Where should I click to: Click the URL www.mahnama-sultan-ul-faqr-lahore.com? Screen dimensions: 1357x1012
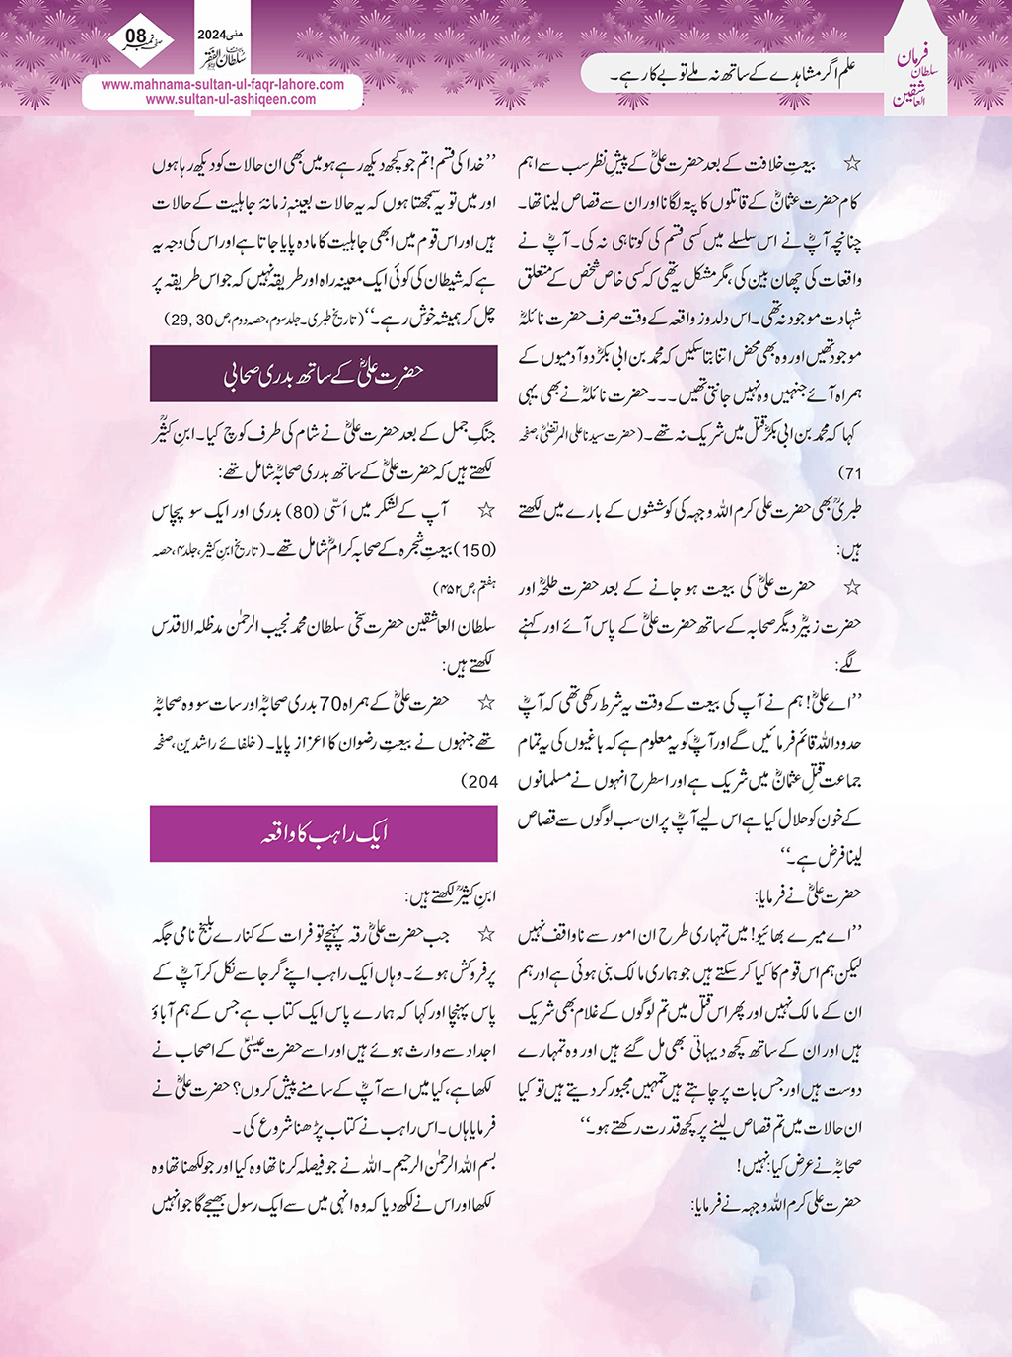click(223, 84)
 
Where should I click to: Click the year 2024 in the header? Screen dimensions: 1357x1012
click(211, 34)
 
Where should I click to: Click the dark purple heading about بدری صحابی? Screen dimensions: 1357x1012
click(324, 374)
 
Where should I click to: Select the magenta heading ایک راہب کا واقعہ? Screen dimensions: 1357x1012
click(324, 833)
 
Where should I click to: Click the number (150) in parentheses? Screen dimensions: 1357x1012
click(475, 550)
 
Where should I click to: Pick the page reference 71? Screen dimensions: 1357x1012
click(845, 473)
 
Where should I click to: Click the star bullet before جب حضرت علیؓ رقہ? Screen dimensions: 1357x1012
click(484, 933)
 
